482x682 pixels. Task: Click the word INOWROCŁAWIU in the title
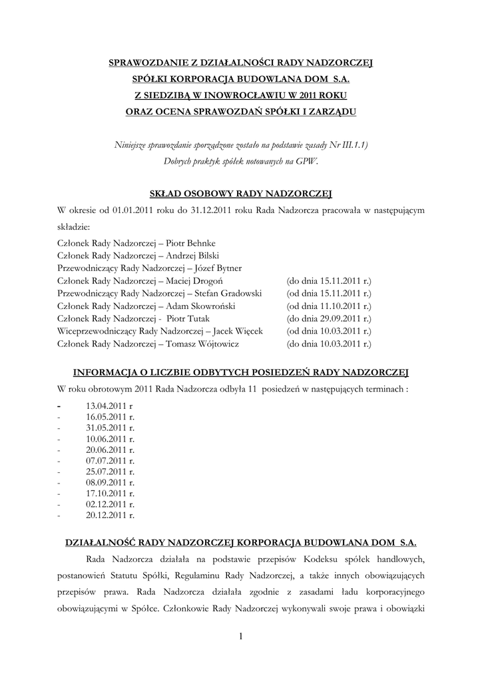(x=225, y=95)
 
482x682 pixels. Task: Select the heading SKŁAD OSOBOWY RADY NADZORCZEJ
(x=240, y=194)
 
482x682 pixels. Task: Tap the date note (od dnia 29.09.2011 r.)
(x=329, y=319)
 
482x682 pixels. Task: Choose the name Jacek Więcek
(x=238, y=332)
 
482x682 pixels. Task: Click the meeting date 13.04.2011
(x=107, y=405)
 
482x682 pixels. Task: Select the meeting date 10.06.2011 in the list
(x=107, y=439)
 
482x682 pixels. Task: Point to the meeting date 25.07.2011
(x=107, y=472)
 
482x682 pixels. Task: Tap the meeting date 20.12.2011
(x=107, y=515)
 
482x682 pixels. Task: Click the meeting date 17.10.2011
(x=107, y=494)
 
